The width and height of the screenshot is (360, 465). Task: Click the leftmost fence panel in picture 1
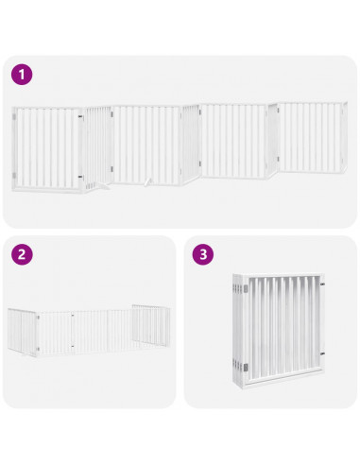[x=48, y=149]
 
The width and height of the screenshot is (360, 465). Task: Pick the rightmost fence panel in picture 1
[x=315, y=137]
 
